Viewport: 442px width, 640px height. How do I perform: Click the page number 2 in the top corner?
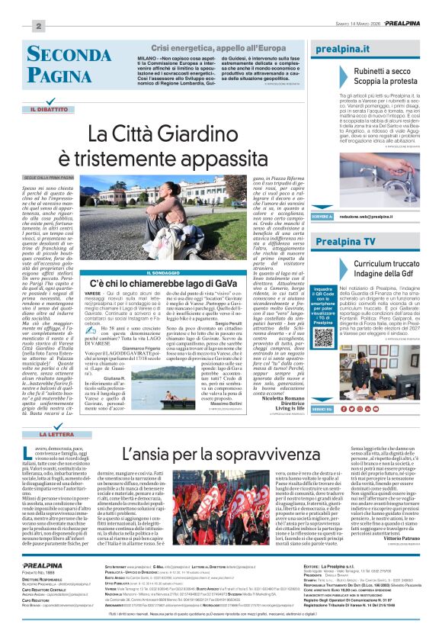(36, 26)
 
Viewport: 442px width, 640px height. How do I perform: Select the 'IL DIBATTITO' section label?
(49, 110)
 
